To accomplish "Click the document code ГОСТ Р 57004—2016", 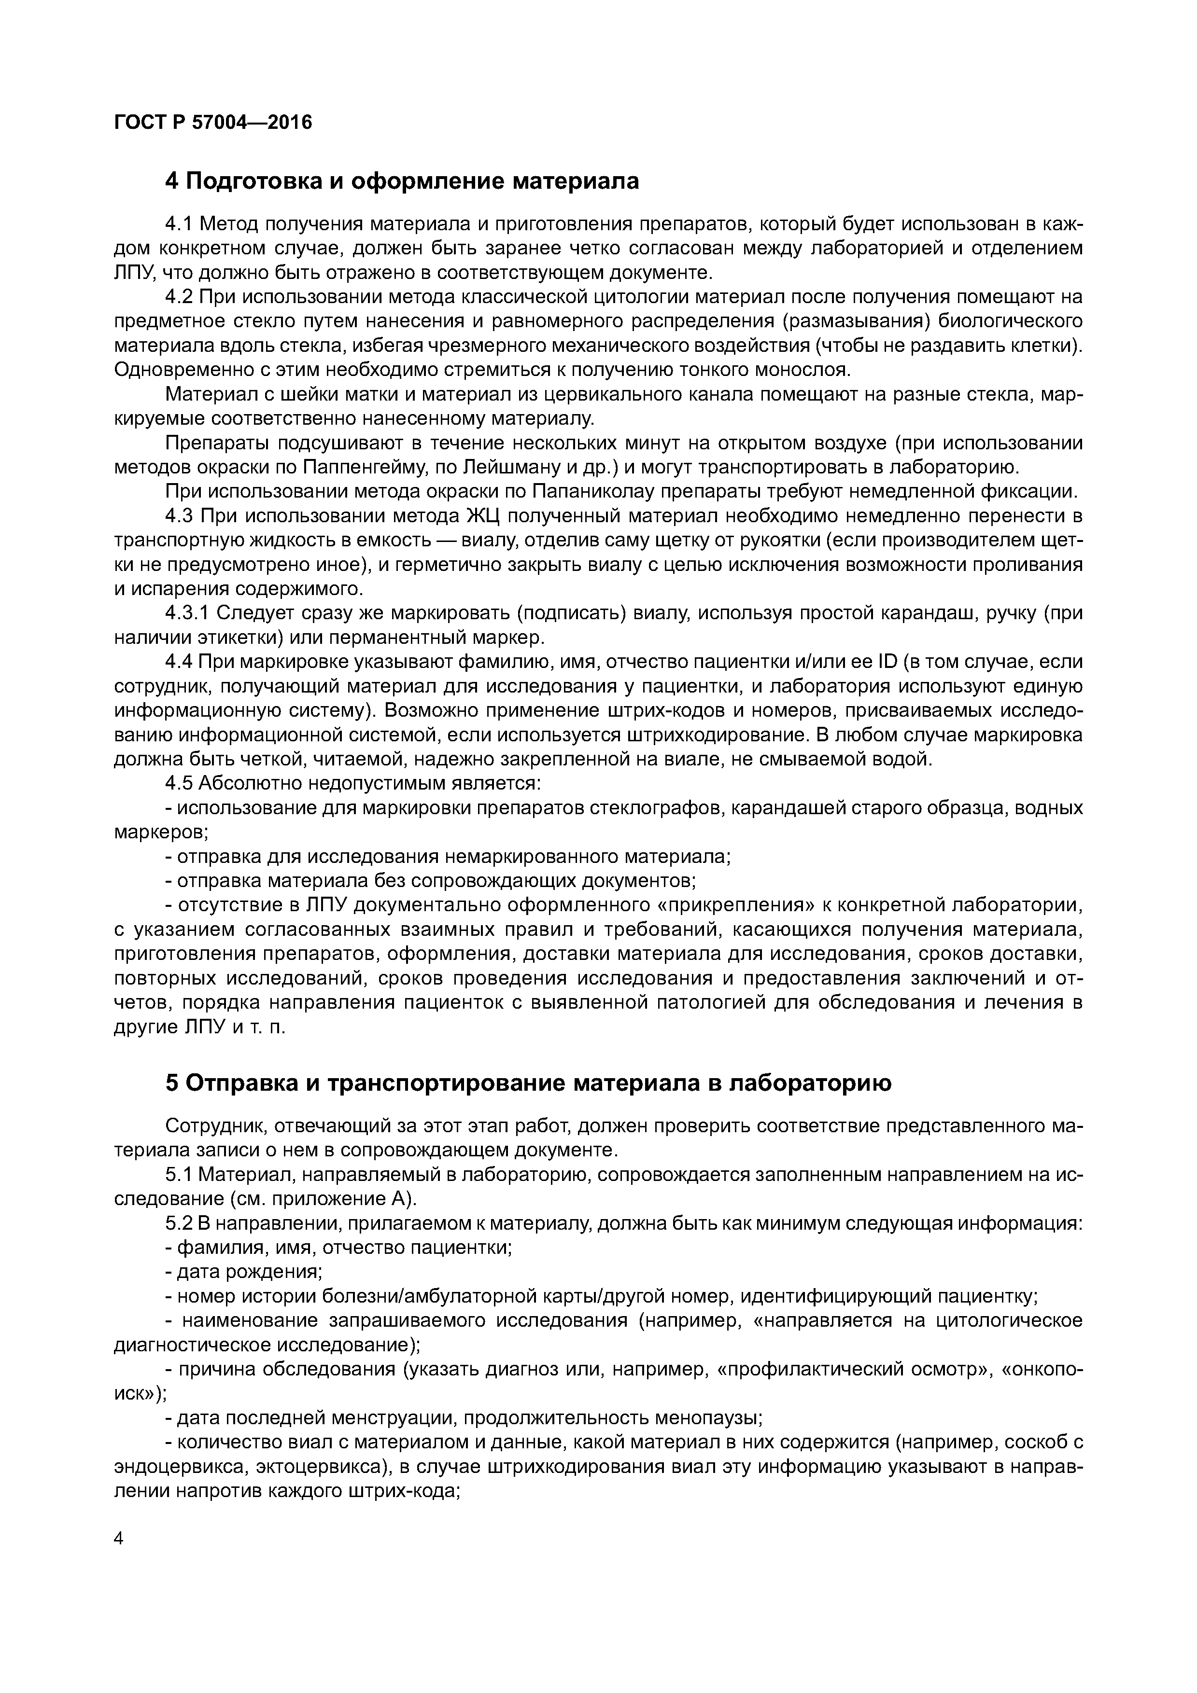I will tap(213, 122).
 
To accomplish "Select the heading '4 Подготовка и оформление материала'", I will tap(402, 180).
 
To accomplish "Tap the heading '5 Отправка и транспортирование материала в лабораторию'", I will tap(528, 1082).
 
